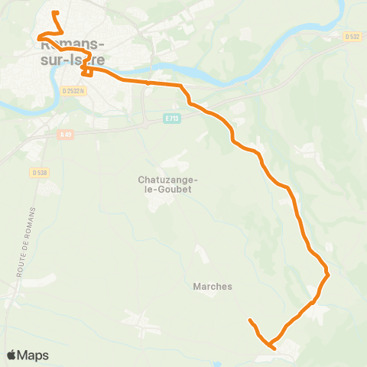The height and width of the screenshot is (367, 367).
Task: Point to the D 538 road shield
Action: [40, 173]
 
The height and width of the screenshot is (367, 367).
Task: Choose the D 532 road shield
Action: [352, 36]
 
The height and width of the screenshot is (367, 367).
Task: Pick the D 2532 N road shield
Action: [74, 89]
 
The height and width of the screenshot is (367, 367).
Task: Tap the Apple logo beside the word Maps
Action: [12, 355]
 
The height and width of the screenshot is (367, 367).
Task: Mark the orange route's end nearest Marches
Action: [250, 320]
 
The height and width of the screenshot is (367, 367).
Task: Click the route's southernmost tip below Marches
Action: [274, 348]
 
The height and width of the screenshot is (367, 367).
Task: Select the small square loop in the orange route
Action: [86, 71]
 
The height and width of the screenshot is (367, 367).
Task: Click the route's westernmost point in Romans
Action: [37, 36]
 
